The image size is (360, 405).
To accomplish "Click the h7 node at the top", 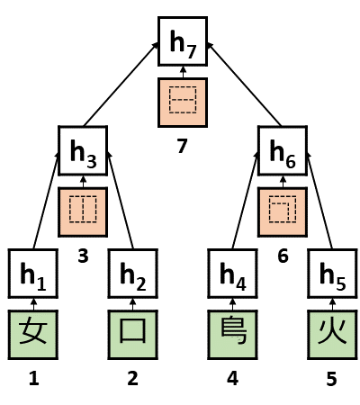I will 184,41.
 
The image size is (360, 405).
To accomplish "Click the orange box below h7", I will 184,101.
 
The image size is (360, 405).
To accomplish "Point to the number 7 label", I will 184,147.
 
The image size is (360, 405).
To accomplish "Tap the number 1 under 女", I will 34,378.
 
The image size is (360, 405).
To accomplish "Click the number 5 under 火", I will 331,379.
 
